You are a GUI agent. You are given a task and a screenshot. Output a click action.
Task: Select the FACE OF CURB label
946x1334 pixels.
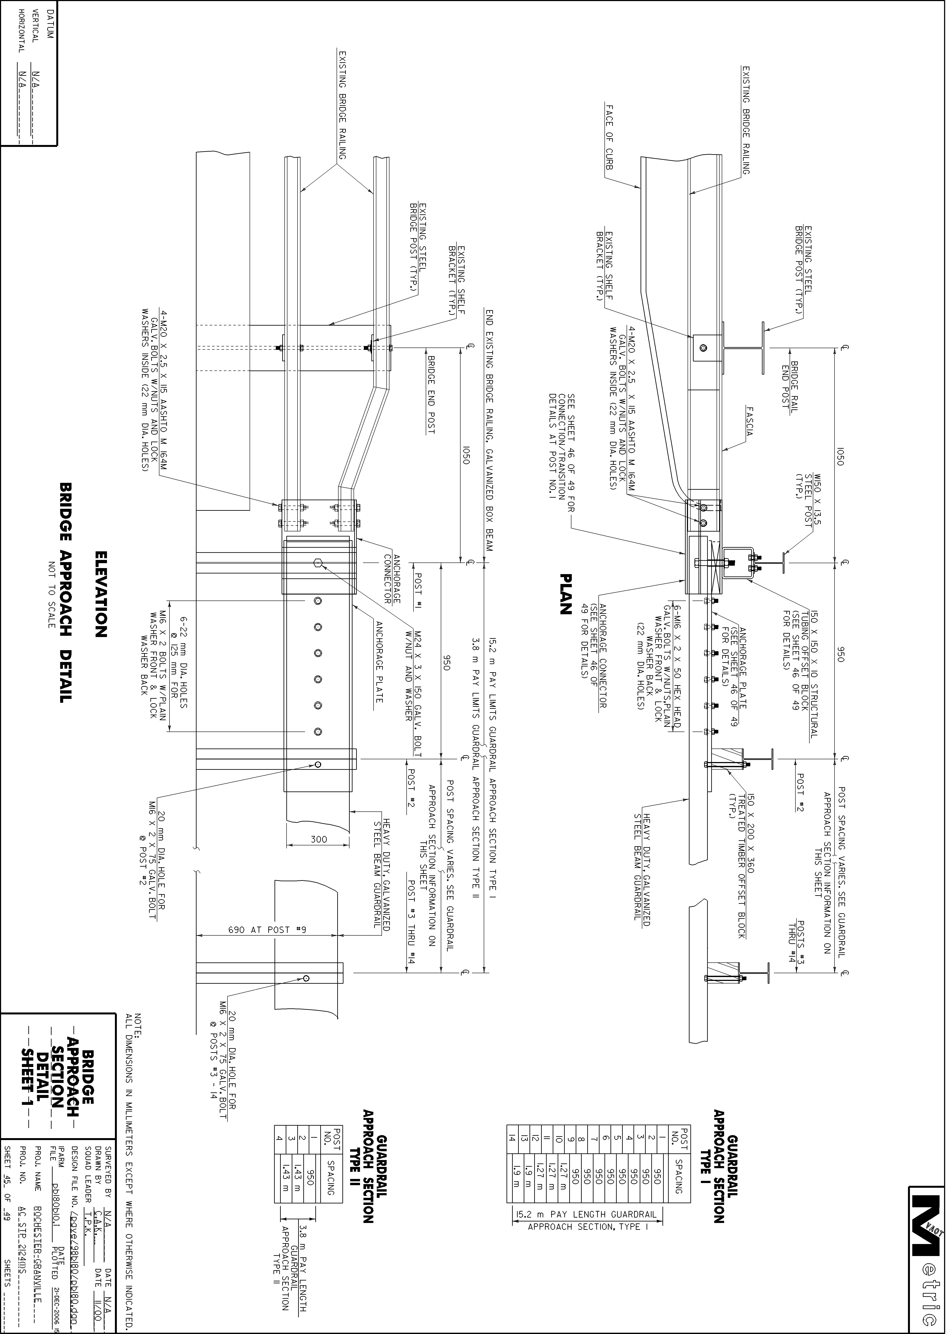pyautogui.click(x=609, y=137)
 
